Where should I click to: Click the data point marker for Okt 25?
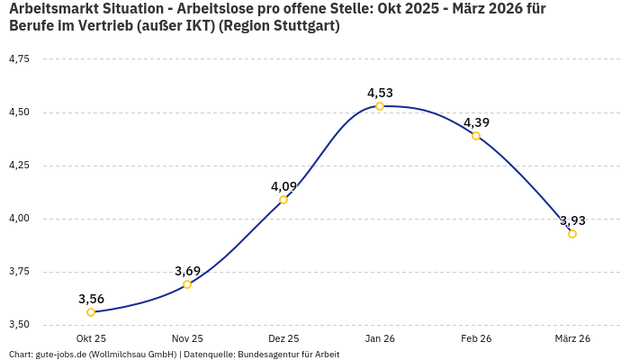91,312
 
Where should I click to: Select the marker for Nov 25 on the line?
187,284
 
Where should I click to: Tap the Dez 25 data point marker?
283,200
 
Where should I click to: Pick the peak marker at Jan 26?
380,106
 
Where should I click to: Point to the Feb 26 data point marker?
476,136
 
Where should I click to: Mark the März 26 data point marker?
572,234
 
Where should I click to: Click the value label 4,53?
380,93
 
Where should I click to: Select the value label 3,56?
91,299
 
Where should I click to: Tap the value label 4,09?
283,186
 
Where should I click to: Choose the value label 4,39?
476,122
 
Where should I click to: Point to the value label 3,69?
187,271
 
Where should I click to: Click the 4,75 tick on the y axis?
19,58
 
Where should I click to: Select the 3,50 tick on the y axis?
19,324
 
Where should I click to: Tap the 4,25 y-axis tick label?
19,165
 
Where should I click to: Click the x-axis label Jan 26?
380,338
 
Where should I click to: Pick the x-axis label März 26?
572,338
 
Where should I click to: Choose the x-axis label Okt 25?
91,338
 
